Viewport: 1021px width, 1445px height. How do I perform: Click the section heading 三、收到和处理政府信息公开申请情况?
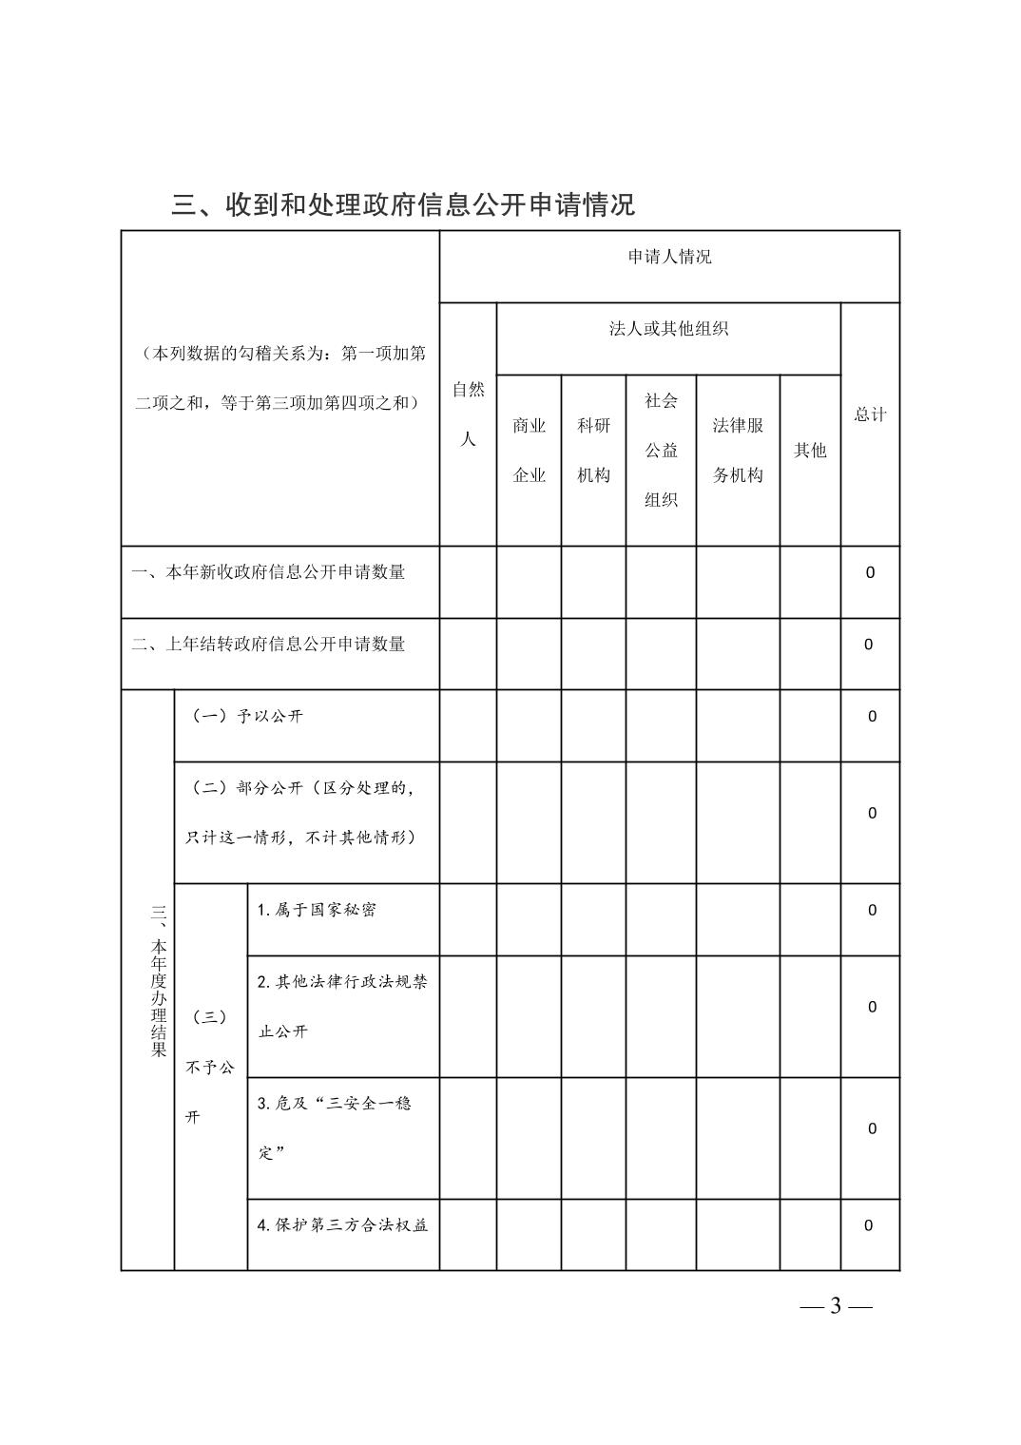tap(403, 204)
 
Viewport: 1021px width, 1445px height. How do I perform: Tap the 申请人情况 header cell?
tap(669, 258)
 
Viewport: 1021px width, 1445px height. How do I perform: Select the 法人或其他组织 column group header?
tap(668, 329)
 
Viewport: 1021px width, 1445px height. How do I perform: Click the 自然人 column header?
tap(468, 414)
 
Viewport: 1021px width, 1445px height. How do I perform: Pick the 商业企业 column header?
tap(529, 451)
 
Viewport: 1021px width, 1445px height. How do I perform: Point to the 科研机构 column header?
tap(593, 451)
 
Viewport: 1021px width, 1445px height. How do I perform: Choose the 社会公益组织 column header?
tap(661, 451)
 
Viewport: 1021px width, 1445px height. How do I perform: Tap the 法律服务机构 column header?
tap(738, 451)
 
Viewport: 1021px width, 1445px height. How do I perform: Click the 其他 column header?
tap(810, 451)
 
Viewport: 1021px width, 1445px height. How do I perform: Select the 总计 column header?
tap(870, 414)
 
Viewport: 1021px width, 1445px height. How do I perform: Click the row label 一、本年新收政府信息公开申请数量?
tap(269, 572)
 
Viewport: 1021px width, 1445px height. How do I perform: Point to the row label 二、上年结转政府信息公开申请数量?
tap(269, 645)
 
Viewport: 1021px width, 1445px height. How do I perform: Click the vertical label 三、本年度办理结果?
tap(158, 979)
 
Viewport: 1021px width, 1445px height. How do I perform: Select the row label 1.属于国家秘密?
tap(317, 910)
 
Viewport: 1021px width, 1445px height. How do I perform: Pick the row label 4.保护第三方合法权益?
tap(342, 1225)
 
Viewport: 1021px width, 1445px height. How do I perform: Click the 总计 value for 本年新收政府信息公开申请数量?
tap(870, 573)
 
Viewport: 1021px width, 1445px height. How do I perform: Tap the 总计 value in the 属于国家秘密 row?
tap(872, 911)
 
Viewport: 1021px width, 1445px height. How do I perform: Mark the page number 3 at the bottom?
tap(836, 1306)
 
